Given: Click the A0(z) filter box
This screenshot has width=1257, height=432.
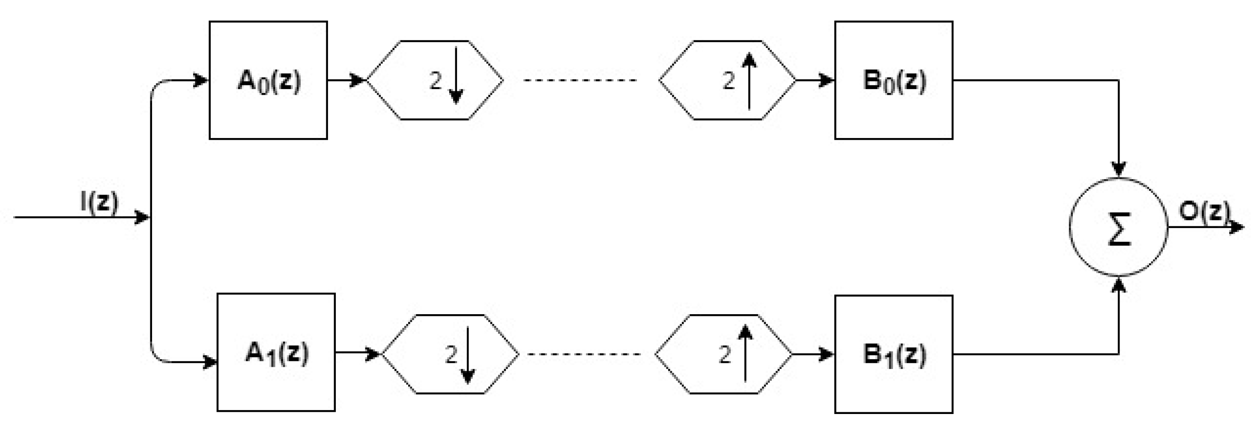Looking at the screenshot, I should [268, 80].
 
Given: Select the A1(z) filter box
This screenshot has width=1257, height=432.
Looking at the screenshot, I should [276, 352].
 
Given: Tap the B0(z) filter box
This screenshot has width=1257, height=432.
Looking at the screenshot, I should [893, 80].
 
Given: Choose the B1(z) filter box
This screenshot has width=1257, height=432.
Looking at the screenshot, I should [893, 354].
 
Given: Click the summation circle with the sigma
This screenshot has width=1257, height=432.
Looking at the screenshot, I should [1118, 227].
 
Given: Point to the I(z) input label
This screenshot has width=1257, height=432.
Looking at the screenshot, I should [99, 201].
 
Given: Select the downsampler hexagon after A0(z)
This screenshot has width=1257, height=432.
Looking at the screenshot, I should [434, 80].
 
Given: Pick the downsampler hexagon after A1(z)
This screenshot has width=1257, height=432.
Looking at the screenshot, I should [450, 354].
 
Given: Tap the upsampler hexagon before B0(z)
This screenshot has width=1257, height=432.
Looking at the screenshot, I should [727, 80].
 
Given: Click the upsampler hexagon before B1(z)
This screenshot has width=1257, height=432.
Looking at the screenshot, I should [723, 354].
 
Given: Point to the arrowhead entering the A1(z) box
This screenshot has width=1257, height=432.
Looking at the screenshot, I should [210, 362].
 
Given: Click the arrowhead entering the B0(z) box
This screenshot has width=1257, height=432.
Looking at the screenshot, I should [827, 80].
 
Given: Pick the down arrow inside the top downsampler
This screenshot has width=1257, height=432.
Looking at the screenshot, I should [456, 76].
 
